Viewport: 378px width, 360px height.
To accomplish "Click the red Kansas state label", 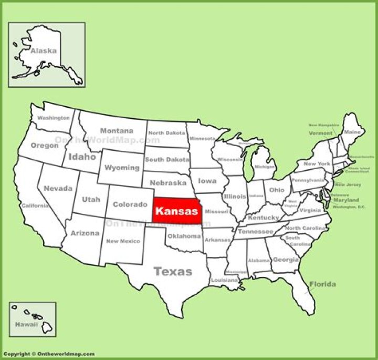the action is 176,212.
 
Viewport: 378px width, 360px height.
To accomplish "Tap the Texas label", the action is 173,271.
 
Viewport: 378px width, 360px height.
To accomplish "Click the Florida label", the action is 322,284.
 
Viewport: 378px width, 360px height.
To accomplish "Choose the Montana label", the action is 117,131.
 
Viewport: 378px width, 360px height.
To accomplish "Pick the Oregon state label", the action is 45,145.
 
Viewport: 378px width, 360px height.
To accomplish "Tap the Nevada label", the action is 58,188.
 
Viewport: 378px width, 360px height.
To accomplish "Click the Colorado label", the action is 130,204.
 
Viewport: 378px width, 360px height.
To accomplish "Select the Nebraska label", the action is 168,183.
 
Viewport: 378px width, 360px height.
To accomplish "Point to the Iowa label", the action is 207,181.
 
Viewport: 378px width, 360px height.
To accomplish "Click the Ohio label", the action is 277,190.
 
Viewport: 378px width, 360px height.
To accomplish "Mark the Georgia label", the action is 286,260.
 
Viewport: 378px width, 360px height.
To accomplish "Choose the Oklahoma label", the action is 184,236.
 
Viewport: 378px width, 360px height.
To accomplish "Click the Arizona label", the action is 85,233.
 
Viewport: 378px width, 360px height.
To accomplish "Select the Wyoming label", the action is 122,168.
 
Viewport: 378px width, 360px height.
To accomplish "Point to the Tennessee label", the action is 255,231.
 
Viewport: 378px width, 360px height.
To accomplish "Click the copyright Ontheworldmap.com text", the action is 48,354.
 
